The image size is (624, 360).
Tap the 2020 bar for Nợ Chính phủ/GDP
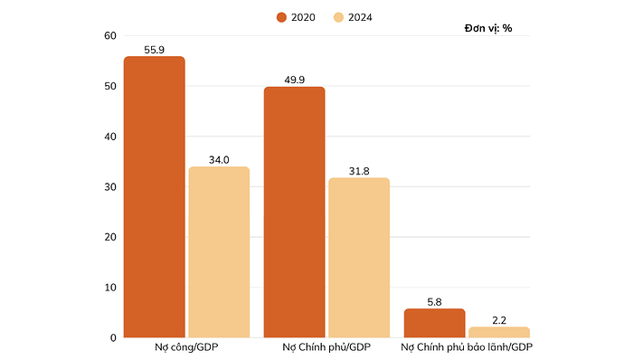pyautogui.click(x=294, y=212)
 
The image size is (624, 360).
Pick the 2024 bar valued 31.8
pyautogui.click(x=359, y=257)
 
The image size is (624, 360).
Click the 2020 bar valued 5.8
pyautogui.click(x=434, y=323)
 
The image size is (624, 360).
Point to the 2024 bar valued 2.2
pyautogui.click(x=499, y=332)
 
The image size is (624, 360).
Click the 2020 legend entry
pyautogui.click(x=297, y=16)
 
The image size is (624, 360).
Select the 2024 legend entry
pyautogui.click(x=353, y=16)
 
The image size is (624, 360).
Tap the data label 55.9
pyautogui.click(x=154, y=50)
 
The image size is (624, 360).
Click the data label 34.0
pyautogui.click(x=219, y=159)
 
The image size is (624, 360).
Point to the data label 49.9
pyautogui.click(x=294, y=80)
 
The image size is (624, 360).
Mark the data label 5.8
pyautogui.click(x=434, y=301)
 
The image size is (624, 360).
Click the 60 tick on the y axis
pyautogui.click(x=110, y=36)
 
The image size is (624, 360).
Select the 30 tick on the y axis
pyautogui.click(x=110, y=187)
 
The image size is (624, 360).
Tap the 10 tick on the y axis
pyautogui.click(x=110, y=288)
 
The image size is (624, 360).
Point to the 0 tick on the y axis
pyautogui.click(x=113, y=338)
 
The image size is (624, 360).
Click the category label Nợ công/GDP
pyautogui.click(x=186, y=348)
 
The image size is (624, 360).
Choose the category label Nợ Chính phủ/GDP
pyautogui.click(x=326, y=348)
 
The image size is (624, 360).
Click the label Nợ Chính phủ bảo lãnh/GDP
pyautogui.click(x=467, y=348)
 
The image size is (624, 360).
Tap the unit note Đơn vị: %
pyautogui.click(x=488, y=28)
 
